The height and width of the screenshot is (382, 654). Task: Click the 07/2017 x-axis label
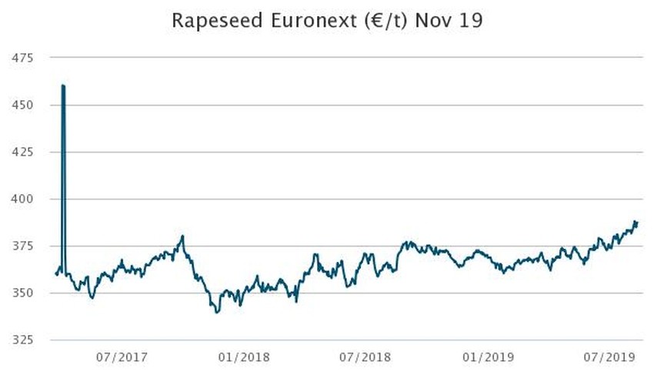122,357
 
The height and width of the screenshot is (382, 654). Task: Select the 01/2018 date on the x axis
243,357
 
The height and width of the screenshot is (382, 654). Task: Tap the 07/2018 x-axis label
365,357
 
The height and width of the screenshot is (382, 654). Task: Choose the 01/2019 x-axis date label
487,357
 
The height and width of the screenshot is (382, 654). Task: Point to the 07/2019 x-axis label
608,357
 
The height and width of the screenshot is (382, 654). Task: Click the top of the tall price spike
63,85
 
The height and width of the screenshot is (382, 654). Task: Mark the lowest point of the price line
217,312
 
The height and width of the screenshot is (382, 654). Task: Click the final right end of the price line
637,223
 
